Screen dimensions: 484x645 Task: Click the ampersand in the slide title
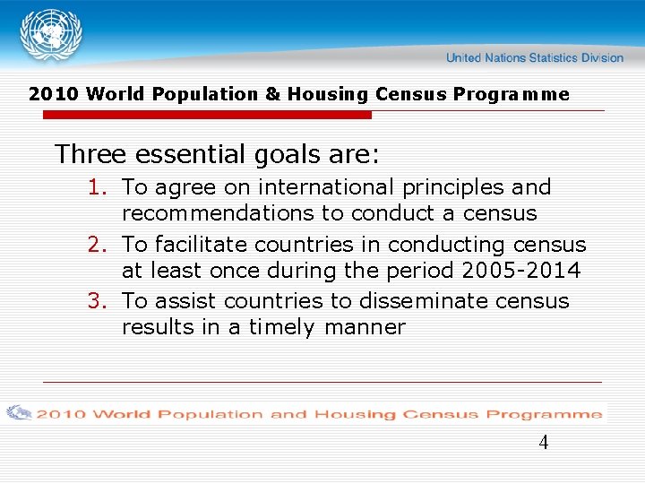tap(272, 95)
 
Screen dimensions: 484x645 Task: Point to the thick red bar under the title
tap(207, 116)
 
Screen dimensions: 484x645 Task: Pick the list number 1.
tap(98, 188)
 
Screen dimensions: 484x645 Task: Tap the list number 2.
tap(98, 245)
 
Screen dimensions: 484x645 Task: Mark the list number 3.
tap(98, 301)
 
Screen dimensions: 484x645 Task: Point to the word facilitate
tap(203, 245)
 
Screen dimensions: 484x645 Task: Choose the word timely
tap(281, 328)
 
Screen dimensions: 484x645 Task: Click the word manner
tap(365, 328)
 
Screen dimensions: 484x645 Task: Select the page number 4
tap(544, 443)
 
